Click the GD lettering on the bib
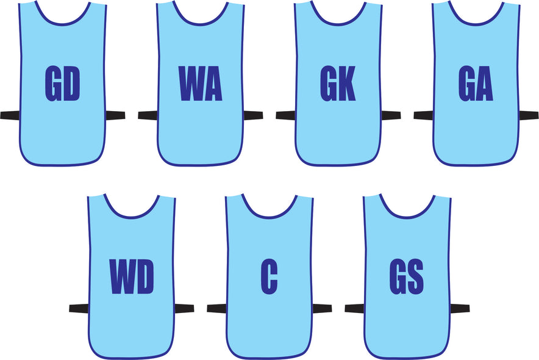point(63,84)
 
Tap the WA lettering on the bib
point(201,84)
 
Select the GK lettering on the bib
point(338,84)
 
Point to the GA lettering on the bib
point(476,84)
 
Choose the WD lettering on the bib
point(132,277)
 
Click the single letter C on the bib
point(269,277)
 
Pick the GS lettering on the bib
point(407,277)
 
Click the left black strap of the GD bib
point(10,115)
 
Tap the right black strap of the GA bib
point(529,115)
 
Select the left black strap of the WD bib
point(79,308)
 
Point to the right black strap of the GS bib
point(460,308)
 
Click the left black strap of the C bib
point(216,308)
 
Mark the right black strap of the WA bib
point(253,115)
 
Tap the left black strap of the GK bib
point(285,115)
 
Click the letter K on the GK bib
point(347,84)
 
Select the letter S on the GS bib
point(416,277)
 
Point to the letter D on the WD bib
point(145,277)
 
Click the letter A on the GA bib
point(485,84)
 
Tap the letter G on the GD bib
point(53,84)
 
